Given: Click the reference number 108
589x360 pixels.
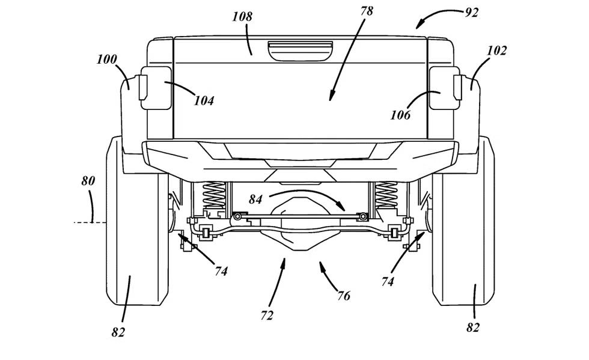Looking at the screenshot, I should (x=242, y=16).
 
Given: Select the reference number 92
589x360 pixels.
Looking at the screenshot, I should (x=472, y=11).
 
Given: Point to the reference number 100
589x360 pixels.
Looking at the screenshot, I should (x=106, y=59).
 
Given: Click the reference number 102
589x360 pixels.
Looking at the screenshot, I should (x=496, y=50).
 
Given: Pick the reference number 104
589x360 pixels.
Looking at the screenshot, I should (x=204, y=101).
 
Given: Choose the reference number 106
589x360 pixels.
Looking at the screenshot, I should (x=400, y=114).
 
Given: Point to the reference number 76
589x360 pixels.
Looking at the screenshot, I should (x=344, y=296).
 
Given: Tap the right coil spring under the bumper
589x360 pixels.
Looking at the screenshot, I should (x=386, y=195).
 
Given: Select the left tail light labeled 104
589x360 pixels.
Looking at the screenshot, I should (x=154, y=91).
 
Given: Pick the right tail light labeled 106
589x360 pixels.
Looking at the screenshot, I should (x=442, y=91).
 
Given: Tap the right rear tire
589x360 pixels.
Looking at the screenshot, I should (x=465, y=228).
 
